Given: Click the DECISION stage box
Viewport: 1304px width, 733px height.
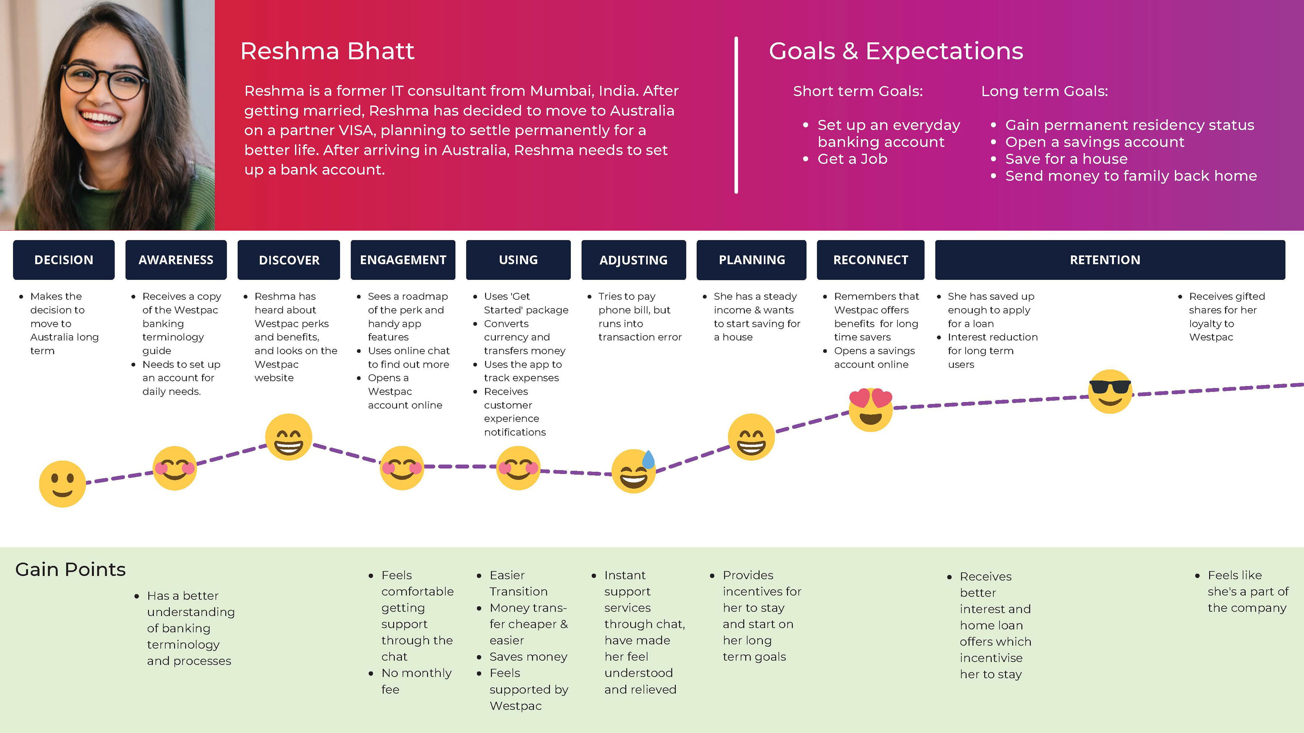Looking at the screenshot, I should click(64, 260).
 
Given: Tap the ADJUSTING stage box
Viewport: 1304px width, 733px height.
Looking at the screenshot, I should click(633, 260).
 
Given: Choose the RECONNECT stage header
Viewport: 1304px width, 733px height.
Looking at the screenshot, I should click(870, 260).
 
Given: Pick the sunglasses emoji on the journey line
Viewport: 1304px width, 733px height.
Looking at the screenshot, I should click(1110, 391).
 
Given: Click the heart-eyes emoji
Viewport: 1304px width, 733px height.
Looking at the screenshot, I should click(870, 409).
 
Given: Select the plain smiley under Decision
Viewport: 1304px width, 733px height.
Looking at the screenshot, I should click(62, 484).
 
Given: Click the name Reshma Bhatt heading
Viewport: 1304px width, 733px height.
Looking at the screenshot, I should click(327, 51).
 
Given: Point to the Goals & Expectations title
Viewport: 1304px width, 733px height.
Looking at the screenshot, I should click(895, 51).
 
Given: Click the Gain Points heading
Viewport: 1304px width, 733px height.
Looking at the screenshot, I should click(70, 570).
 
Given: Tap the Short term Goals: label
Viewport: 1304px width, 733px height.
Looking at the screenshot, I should click(857, 91).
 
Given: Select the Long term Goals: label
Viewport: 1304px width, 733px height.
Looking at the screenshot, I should click(1044, 91).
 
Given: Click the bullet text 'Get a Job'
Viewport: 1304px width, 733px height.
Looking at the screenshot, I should click(852, 159).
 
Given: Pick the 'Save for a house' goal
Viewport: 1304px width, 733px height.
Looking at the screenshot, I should click(1066, 159).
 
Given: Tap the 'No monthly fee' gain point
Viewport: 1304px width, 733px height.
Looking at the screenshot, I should click(416, 681).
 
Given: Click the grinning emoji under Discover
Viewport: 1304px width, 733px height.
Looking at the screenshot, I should click(289, 437).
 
